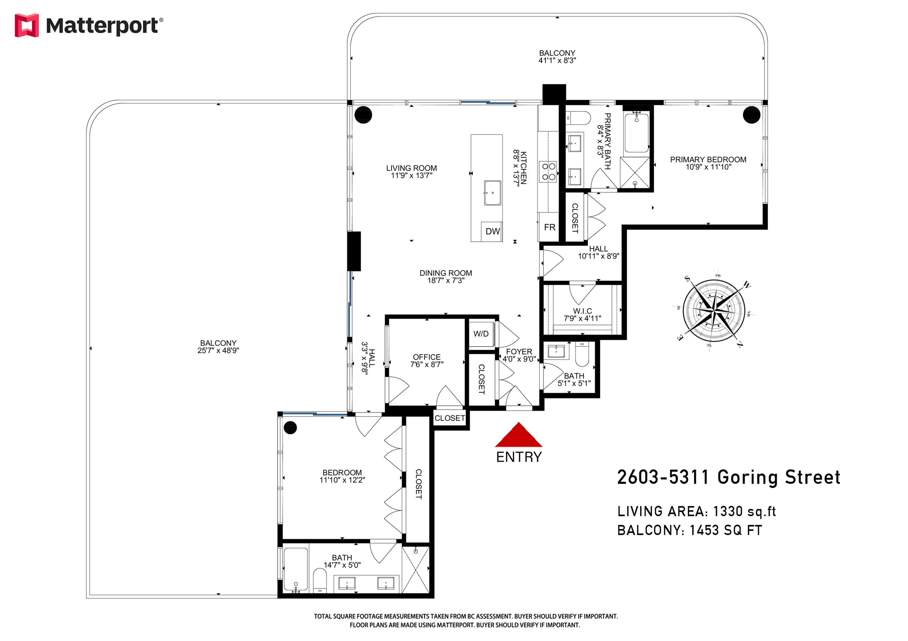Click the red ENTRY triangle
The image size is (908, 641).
519,437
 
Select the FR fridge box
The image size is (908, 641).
549,227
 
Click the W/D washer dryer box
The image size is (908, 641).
481,334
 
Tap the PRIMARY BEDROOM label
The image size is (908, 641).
708,160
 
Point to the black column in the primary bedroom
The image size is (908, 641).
751,115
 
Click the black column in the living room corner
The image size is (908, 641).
363,115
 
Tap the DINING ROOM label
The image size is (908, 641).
446,273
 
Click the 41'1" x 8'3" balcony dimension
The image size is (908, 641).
557,60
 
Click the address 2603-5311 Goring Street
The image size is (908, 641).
729,478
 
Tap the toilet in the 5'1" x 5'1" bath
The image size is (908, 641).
582,354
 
